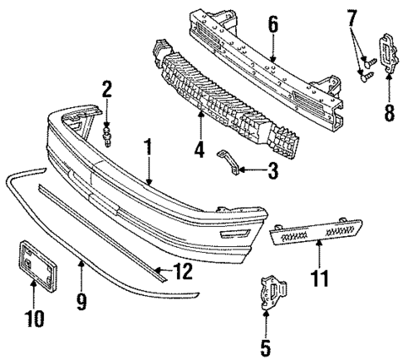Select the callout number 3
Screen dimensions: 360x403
(x=272, y=172)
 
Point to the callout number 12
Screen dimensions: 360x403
(x=183, y=271)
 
